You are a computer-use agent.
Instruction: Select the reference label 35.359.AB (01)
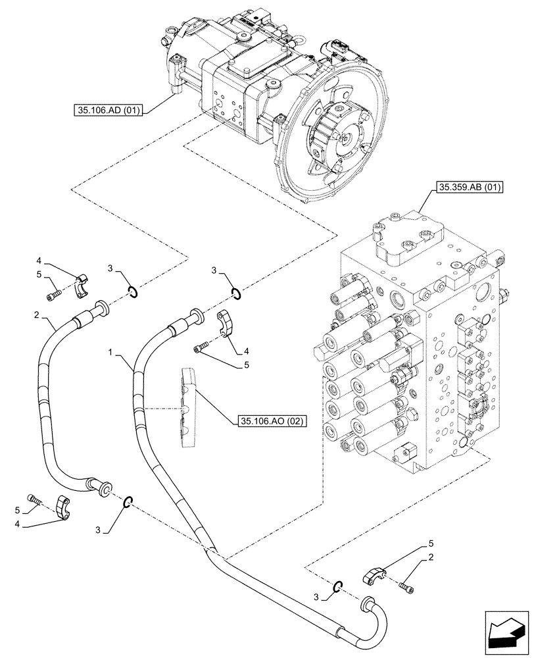(468, 188)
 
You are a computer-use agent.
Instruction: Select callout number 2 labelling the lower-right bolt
(429, 559)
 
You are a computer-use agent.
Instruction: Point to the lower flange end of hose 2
(102, 489)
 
